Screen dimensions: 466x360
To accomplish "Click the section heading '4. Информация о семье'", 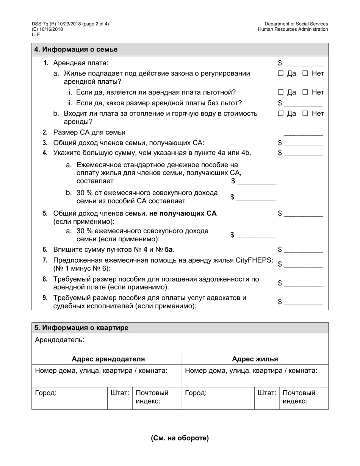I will pos(76,50).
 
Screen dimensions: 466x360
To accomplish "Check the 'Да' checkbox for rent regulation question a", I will pos(281,73).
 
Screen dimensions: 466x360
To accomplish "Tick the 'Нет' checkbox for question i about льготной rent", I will pos(305,92).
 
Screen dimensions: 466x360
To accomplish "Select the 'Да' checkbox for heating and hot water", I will pos(281,113).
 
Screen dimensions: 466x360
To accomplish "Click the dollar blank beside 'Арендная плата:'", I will pos(303,63).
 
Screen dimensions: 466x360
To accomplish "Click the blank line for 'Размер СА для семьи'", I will pos(303,133).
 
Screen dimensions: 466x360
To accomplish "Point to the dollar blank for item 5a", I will pos(256,235).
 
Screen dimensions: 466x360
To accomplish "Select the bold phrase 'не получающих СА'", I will pos(183,213).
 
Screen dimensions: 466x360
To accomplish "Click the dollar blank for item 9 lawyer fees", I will pos(303,302).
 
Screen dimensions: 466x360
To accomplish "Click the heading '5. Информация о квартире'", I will pos(81,328).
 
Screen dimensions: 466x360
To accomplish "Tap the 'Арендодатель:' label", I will pos(59,340).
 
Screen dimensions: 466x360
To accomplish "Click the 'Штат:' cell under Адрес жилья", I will pos(266,393).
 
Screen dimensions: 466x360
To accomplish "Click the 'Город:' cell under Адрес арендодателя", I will pos(46,393).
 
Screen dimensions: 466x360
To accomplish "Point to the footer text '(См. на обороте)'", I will pos(180,438).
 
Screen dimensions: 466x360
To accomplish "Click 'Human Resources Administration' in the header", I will pos(293,29).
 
